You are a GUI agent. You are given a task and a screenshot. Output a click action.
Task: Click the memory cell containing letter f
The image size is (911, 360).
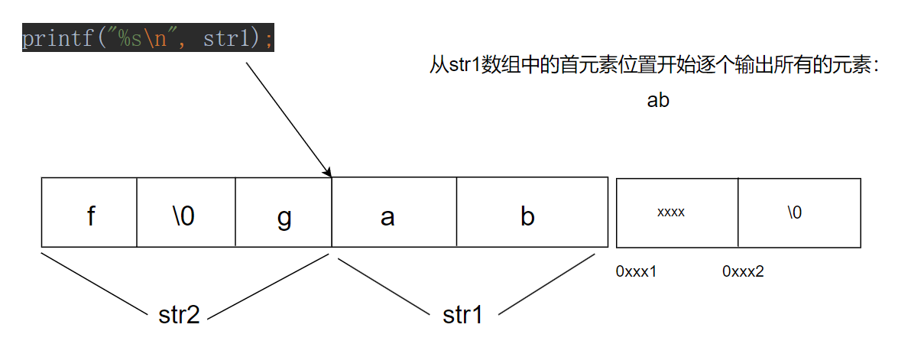tap(89, 213)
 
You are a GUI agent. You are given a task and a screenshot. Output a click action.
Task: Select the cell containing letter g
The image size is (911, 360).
tap(284, 213)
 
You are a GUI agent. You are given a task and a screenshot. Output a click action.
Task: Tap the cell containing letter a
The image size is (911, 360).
tap(387, 213)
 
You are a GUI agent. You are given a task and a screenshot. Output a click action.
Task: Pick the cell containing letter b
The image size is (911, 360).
tap(527, 213)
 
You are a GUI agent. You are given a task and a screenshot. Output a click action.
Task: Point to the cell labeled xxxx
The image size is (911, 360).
tap(671, 212)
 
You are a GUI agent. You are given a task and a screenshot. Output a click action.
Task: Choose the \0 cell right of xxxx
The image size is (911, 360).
tap(795, 212)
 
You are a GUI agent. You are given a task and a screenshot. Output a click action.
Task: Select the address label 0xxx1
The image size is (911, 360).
tap(637, 271)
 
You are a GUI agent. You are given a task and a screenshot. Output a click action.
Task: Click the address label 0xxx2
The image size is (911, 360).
tap(743, 271)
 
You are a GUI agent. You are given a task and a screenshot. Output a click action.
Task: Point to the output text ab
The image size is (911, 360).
tap(658, 100)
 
